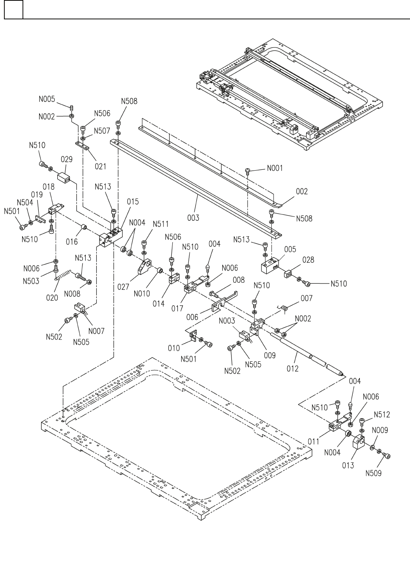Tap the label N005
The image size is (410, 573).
[47, 100]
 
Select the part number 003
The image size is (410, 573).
[193, 218]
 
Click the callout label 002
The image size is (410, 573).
[301, 192]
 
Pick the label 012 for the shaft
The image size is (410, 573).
[293, 368]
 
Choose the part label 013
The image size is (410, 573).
[348, 466]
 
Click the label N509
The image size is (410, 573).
[373, 473]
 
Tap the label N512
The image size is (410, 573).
[382, 415]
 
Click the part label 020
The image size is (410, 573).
[52, 298]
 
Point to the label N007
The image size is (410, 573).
[96, 331]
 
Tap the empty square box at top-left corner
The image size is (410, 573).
[13, 9]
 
